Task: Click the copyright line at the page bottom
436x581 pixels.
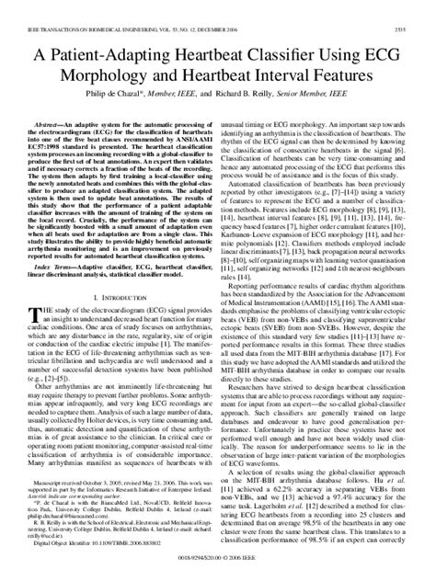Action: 218,571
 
